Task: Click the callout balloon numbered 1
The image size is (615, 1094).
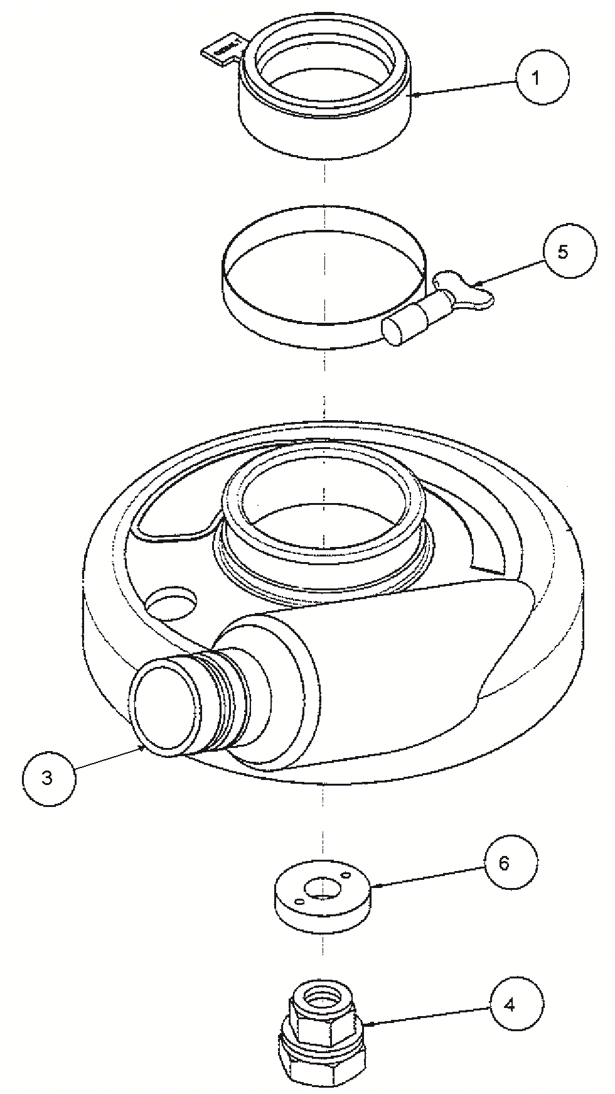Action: (542, 79)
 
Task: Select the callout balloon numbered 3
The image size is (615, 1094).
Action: (48, 777)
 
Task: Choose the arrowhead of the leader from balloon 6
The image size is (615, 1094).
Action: (372, 886)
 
